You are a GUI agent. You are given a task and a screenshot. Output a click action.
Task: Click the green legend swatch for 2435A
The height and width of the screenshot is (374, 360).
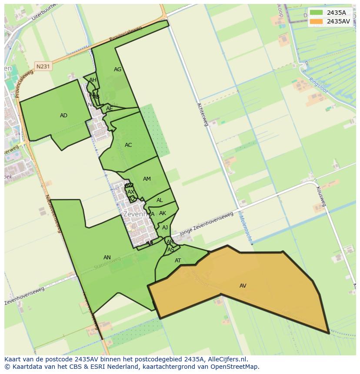click(x=316, y=13)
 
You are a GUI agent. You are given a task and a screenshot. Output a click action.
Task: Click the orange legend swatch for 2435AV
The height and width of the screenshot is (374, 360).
click(x=316, y=21)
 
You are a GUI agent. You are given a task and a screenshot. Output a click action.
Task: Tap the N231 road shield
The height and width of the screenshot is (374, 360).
click(x=43, y=66)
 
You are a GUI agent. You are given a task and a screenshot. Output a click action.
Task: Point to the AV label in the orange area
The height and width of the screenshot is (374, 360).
click(x=243, y=286)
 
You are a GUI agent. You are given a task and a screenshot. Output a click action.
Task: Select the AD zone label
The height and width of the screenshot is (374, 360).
click(x=63, y=116)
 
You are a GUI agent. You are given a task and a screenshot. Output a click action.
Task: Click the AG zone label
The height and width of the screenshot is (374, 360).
click(x=117, y=70)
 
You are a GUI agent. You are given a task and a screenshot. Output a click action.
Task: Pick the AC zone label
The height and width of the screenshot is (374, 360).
click(x=128, y=145)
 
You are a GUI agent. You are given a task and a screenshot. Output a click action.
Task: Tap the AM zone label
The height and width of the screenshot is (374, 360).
click(x=147, y=179)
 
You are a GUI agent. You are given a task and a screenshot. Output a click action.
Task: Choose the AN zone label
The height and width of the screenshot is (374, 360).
click(x=107, y=258)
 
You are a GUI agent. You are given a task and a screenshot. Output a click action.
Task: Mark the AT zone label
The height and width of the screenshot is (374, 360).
click(x=178, y=261)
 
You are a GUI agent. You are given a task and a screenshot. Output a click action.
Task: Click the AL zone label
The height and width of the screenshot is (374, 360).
click(x=160, y=200)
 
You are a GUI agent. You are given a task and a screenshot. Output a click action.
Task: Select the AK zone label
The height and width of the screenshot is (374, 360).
click(x=163, y=213)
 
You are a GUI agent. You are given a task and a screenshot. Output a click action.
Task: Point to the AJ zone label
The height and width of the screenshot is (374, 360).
click(x=165, y=228)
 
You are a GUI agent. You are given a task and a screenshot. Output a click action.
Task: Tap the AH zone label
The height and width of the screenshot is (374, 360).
click(x=93, y=80)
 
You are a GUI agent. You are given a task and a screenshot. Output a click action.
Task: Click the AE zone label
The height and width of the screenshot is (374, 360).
click(x=109, y=109)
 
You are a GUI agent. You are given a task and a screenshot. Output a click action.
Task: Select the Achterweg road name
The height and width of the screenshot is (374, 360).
click(x=203, y=114)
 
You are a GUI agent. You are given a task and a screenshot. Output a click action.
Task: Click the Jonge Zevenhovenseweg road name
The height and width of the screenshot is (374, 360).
click(x=209, y=222)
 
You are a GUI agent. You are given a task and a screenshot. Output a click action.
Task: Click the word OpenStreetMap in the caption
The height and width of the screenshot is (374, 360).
click(x=235, y=367)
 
